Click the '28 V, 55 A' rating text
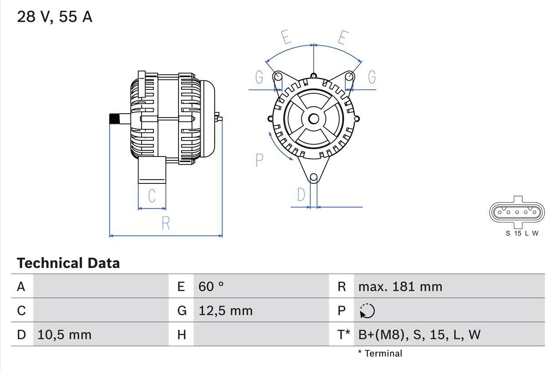pyautogui.click(x=55, y=17)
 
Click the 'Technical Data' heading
pyautogui.click(x=68, y=263)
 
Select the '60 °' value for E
pyautogui.click(x=211, y=287)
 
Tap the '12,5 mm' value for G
pyautogui.click(x=225, y=311)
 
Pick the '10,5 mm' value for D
pyautogui.click(x=64, y=335)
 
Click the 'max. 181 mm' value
pyautogui.click(x=400, y=287)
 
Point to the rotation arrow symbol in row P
pyautogui.click(x=367, y=311)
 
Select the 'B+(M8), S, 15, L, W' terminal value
pyautogui.click(x=419, y=335)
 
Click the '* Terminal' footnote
pyautogui.click(x=380, y=354)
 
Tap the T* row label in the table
pyautogui.click(x=344, y=335)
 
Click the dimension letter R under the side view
pyautogui.click(x=165, y=223)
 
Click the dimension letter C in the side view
pyautogui.click(x=152, y=196)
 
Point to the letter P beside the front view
pyautogui.click(x=259, y=160)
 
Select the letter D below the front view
pyautogui.click(x=301, y=195)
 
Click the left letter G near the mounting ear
pyautogui.click(x=259, y=78)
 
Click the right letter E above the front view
pyautogui.click(x=343, y=38)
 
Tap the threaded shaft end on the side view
pyautogui.click(x=114, y=119)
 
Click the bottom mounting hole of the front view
pyautogui.click(x=314, y=177)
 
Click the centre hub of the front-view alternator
pyautogui.click(x=314, y=119)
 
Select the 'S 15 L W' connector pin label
pyautogui.click(x=522, y=233)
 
